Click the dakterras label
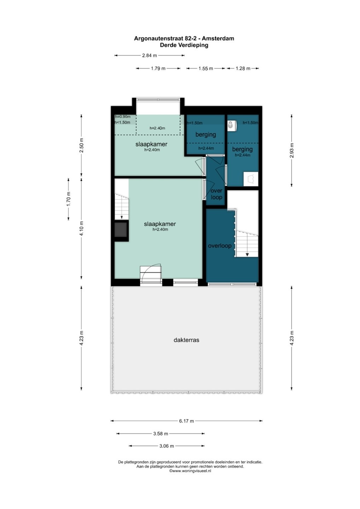(x=186, y=340)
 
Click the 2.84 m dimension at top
(x=150, y=55)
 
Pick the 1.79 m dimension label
(x=158, y=69)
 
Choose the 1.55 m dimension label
(x=206, y=69)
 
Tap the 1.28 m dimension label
(x=243, y=69)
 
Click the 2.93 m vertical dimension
(x=292, y=151)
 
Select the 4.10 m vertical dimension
(x=82, y=228)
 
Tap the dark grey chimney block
(x=121, y=230)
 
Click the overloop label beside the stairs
(x=220, y=246)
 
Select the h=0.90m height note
(x=123, y=117)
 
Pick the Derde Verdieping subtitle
(x=184, y=45)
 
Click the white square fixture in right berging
(x=251, y=179)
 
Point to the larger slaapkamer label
(x=160, y=224)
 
